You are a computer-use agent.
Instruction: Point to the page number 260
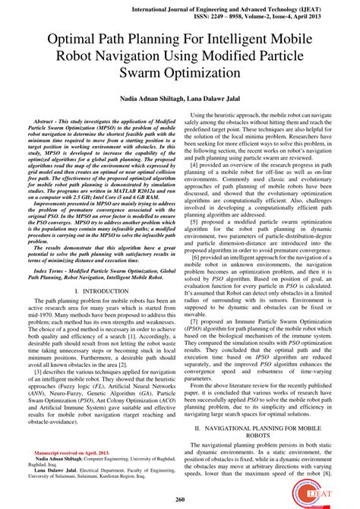click(x=180, y=498)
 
